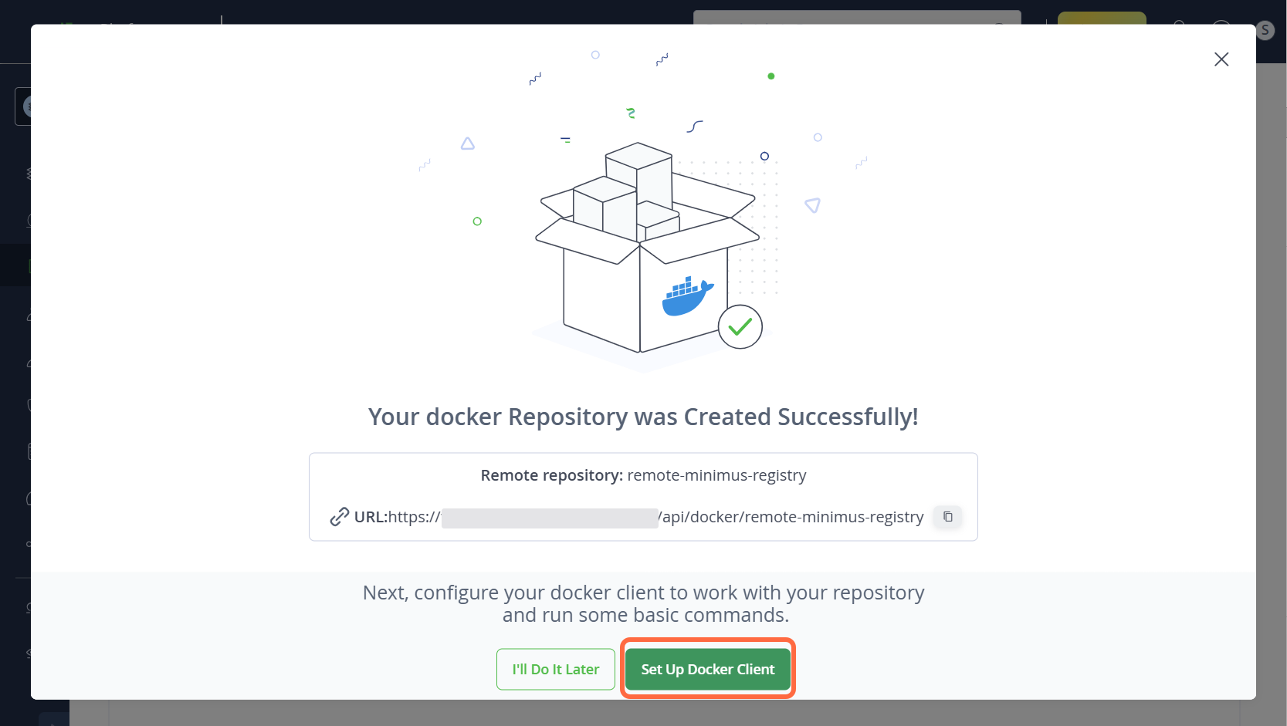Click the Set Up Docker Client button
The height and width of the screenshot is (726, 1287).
coord(707,669)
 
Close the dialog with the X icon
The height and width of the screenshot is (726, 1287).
coord(1221,59)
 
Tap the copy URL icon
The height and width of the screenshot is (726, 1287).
coord(947,516)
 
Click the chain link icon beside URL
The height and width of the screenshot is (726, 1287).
coord(340,517)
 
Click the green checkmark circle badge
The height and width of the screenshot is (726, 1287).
coord(740,327)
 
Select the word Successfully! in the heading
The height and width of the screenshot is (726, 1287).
coord(848,417)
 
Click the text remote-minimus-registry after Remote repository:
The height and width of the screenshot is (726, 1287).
coord(716,475)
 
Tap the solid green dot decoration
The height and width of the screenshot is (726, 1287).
coord(771,76)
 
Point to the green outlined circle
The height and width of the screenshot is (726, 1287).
coord(477,221)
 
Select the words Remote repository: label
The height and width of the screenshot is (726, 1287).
coord(551,475)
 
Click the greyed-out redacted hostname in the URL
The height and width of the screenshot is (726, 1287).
coord(550,518)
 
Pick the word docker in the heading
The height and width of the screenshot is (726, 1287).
coord(463,417)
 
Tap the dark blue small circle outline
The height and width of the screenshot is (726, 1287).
coord(764,156)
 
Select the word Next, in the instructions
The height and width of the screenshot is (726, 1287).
coord(385,593)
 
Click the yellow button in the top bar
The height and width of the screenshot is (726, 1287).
coord(1101,19)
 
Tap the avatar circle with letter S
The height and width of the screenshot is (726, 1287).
coord(1265,30)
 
